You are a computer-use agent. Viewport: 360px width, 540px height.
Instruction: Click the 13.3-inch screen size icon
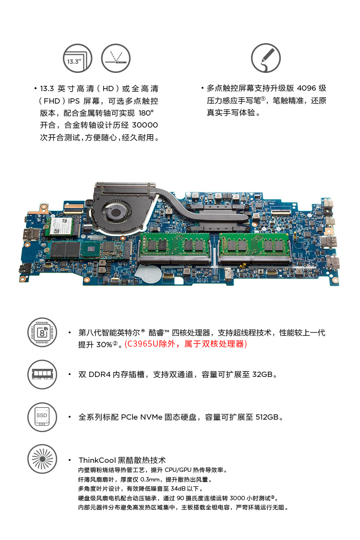[x=78, y=58]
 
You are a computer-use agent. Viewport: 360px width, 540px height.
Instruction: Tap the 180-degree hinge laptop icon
[x=116, y=58]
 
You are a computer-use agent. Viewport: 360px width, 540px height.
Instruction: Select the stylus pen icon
[x=266, y=58]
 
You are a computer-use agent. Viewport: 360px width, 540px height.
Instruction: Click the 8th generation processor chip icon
[x=42, y=332]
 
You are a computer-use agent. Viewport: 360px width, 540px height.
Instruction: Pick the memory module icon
[x=42, y=375]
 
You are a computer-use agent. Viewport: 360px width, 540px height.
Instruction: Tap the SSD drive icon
[x=42, y=417]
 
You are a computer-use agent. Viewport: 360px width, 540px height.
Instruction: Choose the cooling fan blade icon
[x=42, y=459]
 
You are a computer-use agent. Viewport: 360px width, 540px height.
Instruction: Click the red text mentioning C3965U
[x=186, y=344]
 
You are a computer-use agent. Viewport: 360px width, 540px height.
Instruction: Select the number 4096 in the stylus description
[x=306, y=88]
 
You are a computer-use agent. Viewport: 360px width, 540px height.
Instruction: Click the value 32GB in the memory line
[x=263, y=375]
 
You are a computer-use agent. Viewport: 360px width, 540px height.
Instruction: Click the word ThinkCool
[x=97, y=460]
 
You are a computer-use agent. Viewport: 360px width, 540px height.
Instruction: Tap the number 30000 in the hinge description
[x=145, y=125]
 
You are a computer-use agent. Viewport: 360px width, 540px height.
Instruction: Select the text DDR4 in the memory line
[x=99, y=375]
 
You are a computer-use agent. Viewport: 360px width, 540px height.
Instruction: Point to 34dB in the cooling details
[x=178, y=489]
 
